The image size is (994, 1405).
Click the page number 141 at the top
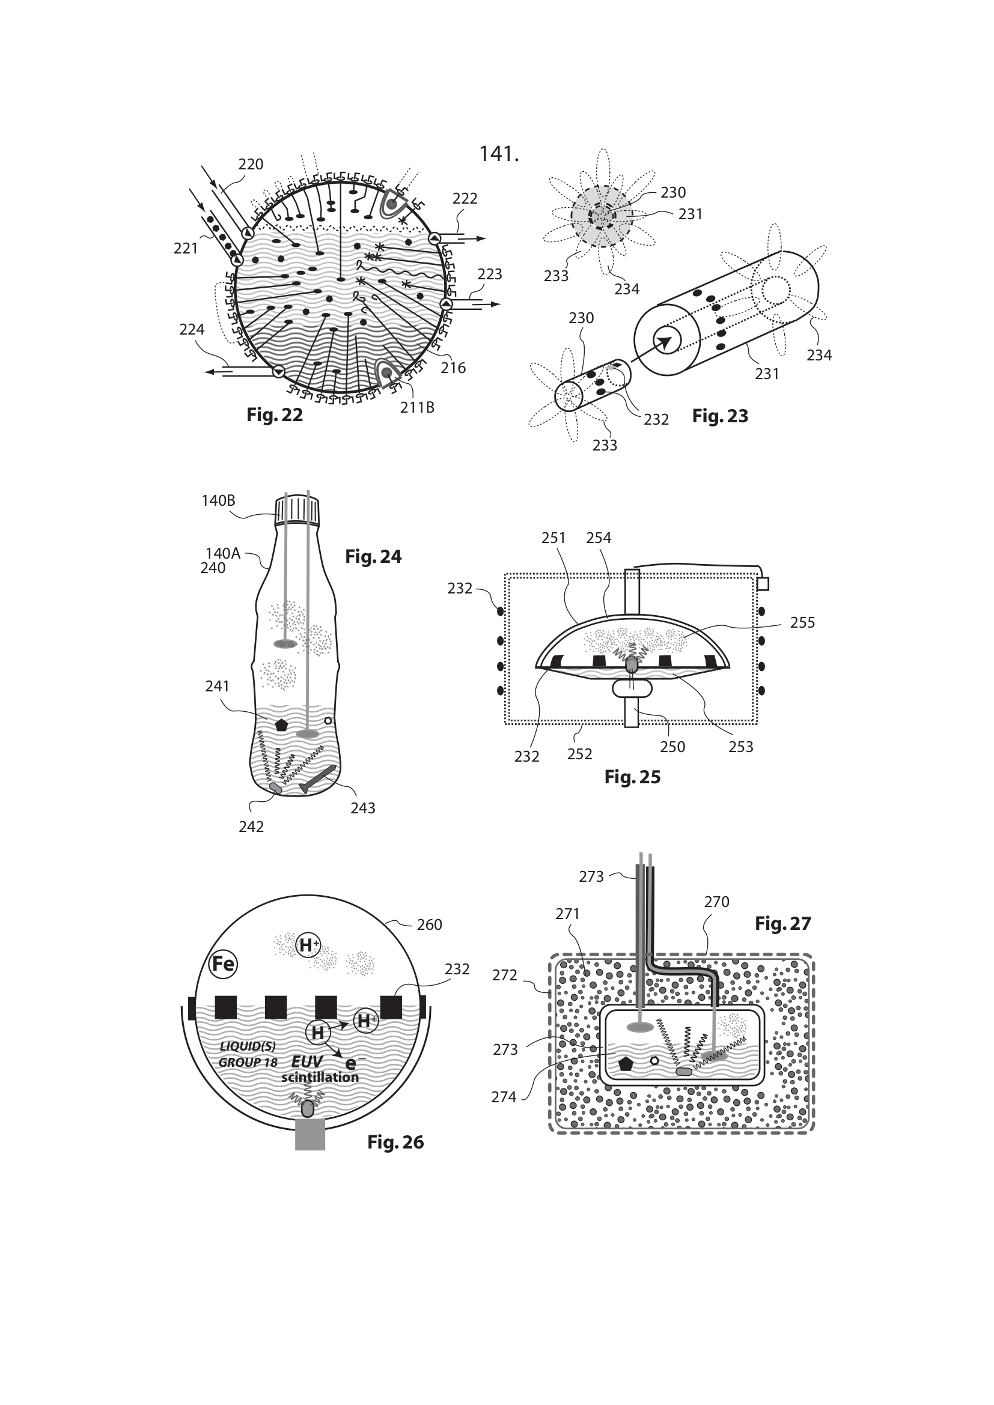[x=498, y=154]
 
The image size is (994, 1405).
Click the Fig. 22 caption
[x=274, y=415]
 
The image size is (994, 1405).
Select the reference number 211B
[x=418, y=407]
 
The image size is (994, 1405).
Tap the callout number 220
[x=251, y=164]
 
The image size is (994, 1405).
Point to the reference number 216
[x=453, y=368]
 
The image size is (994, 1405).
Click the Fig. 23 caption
[x=720, y=416]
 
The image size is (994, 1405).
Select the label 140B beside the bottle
[x=218, y=500]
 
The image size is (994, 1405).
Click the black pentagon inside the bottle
[x=281, y=725]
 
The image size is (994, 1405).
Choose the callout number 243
[x=362, y=808]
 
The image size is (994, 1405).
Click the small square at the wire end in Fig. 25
[x=763, y=584]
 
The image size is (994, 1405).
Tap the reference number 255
[x=802, y=622]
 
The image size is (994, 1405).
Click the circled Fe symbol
[x=223, y=965]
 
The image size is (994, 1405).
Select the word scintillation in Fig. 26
[x=320, y=1078]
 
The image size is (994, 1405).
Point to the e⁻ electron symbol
[x=350, y=1064]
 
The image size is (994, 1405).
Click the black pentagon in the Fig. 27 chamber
[x=626, y=1064]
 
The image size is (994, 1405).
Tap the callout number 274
[x=504, y=1097]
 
